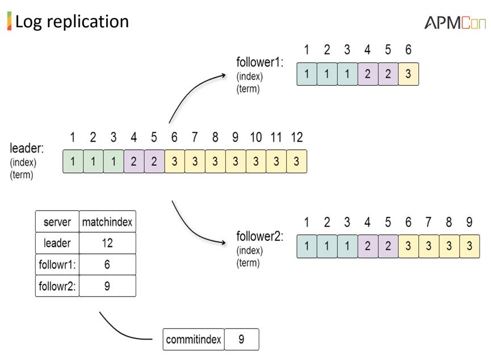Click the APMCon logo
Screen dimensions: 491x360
(455, 23)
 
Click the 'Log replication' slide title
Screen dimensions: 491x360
(72, 22)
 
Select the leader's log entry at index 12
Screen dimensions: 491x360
(296, 161)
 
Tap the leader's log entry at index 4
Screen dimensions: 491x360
(134, 161)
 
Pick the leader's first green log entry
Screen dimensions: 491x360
(73, 161)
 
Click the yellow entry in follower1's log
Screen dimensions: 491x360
(408, 74)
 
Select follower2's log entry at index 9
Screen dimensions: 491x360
(469, 246)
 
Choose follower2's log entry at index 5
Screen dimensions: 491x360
(388, 246)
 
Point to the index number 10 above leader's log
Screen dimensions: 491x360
(256, 137)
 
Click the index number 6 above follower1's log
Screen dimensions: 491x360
(408, 49)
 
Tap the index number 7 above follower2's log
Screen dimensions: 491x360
(429, 222)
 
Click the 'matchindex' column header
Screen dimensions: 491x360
(107, 221)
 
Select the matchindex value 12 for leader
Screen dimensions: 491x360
(107, 243)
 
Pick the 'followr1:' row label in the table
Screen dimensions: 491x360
(57, 265)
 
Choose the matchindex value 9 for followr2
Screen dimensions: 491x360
(107, 286)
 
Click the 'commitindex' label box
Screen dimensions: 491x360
(194, 340)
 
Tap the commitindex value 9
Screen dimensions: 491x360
(241, 340)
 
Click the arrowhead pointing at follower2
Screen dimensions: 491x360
(223, 242)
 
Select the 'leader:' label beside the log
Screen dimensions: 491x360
(27, 148)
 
